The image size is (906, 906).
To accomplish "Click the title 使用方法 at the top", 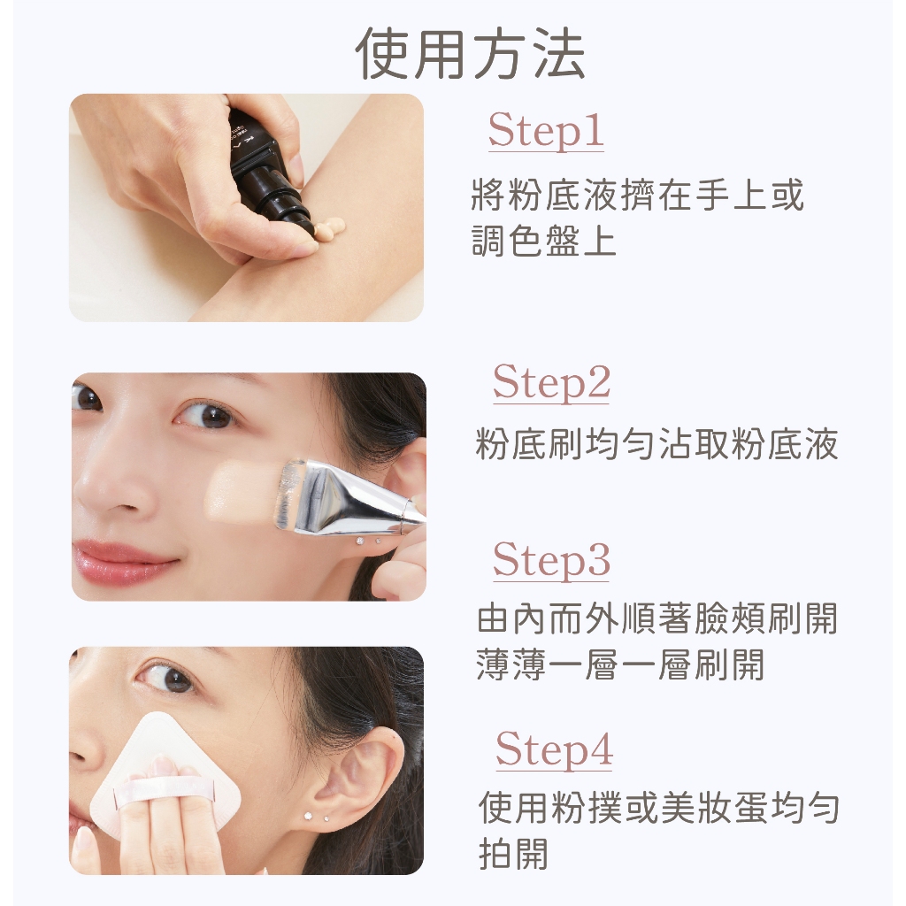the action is point(471,54).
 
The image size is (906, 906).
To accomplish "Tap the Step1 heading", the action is point(546,131).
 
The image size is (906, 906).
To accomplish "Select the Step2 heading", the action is point(551,383).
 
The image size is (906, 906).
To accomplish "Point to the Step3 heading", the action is point(551,560).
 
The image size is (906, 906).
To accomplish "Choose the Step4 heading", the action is point(554,749).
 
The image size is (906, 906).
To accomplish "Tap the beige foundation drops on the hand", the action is point(326,230).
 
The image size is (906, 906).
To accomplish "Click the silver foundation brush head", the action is point(341,497).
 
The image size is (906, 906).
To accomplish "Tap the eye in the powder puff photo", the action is point(168,679).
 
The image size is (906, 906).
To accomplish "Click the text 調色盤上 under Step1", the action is point(544,241).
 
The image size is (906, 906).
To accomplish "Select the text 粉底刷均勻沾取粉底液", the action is point(657,444).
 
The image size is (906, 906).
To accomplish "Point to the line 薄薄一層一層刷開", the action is point(621,664).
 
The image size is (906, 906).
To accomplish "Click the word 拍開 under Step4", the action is point(514,853).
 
